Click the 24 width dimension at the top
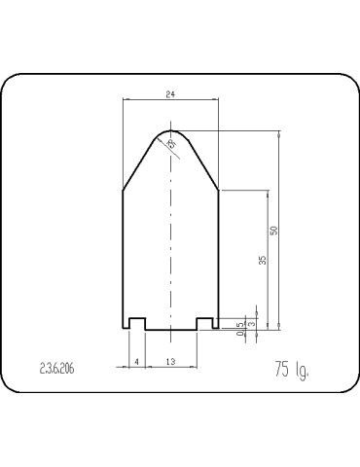(x=171, y=94)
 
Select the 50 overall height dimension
(x=274, y=231)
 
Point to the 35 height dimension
(x=263, y=260)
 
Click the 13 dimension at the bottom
(x=171, y=362)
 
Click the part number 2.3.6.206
(x=57, y=370)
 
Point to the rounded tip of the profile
(x=171, y=129)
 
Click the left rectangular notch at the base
(x=138, y=323)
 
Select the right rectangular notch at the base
(x=204, y=323)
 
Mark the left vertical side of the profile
(x=122, y=258)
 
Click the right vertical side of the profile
(x=219, y=258)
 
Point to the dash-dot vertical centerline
(x=171, y=243)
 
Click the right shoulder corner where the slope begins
(x=219, y=189)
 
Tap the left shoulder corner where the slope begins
(x=122, y=189)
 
